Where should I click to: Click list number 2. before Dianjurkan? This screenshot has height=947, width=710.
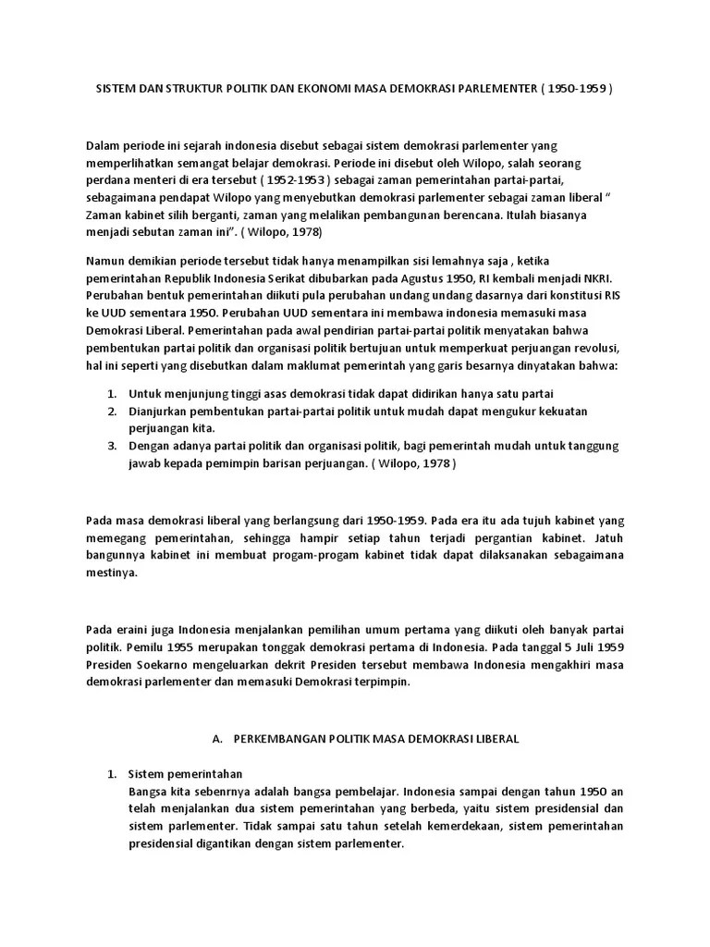pos(111,411)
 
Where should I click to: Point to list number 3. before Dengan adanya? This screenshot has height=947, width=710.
pos(111,444)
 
